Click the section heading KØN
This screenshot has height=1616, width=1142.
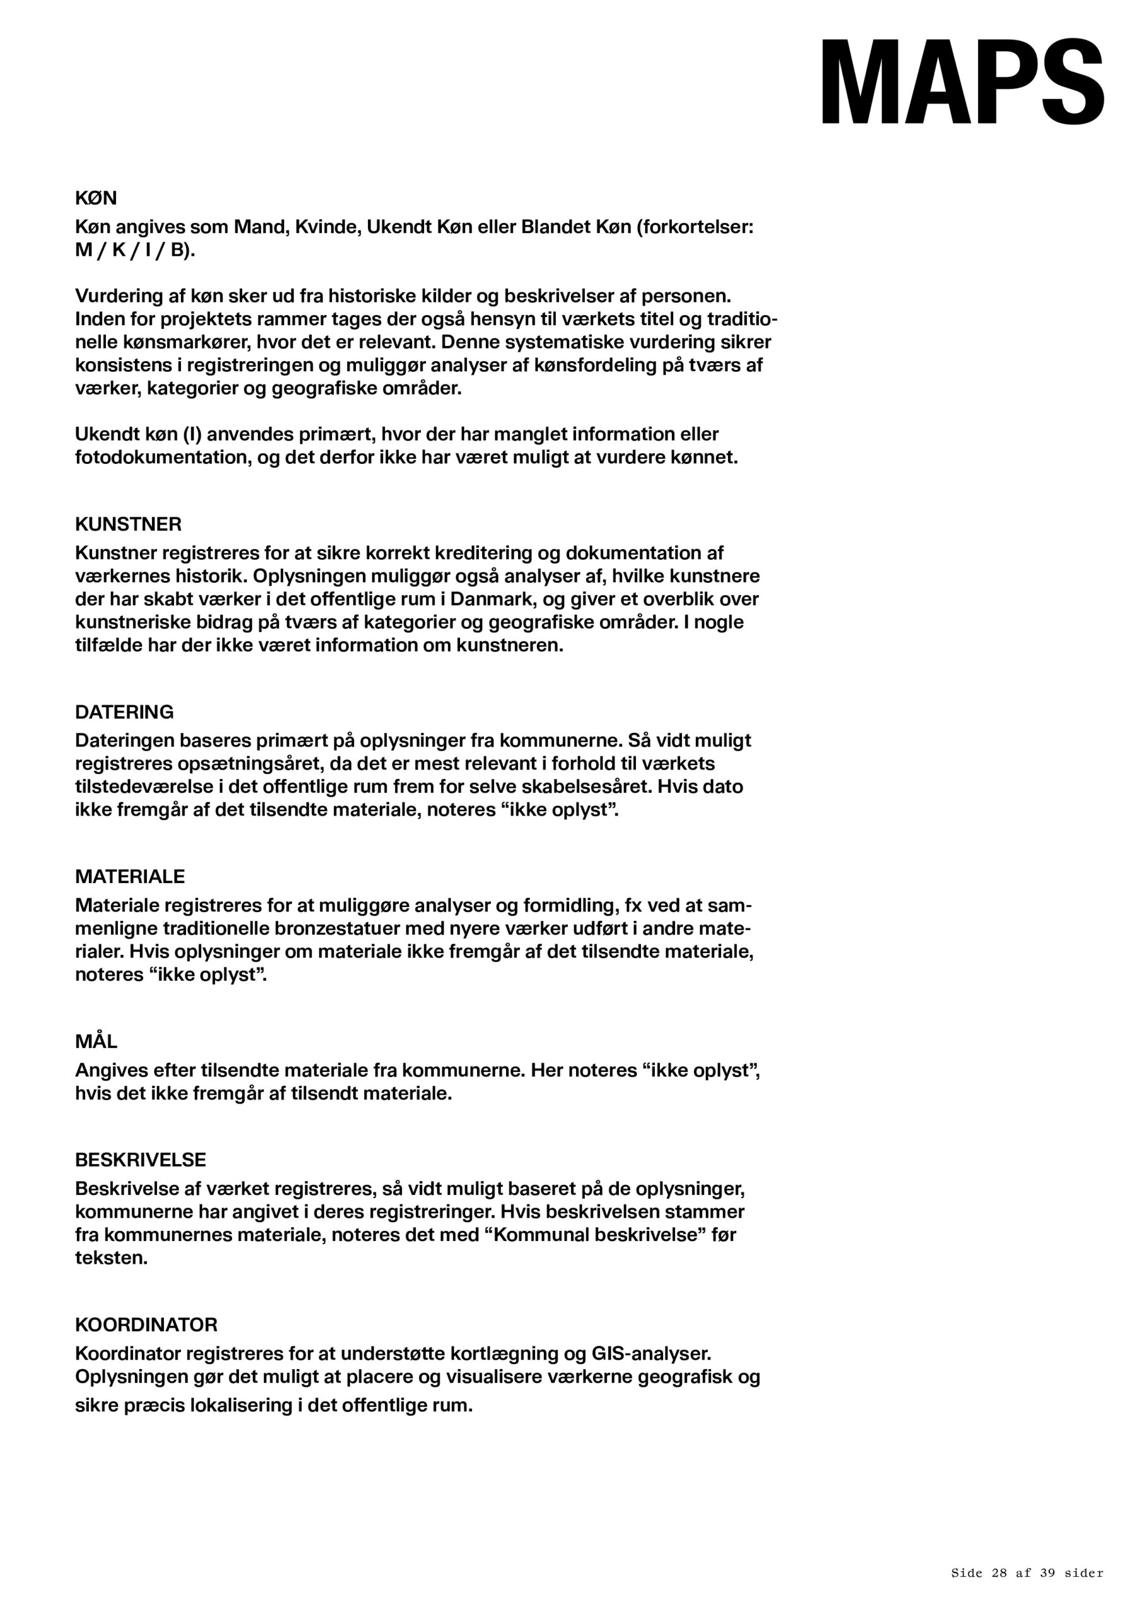coord(96,198)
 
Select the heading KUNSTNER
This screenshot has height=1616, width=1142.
coord(128,525)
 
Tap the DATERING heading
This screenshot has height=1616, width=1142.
coord(124,711)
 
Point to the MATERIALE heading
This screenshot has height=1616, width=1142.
coord(129,876)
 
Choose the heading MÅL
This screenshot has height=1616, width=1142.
coord(96,1041)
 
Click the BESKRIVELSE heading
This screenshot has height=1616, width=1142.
coord(140,1159)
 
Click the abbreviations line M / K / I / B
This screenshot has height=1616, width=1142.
coord(134,251)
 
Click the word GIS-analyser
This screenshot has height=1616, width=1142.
coord(651,1353)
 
